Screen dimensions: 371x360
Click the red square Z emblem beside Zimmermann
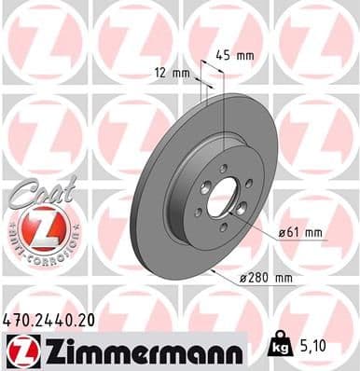point(20,351)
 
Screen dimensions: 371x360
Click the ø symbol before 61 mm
point(280,232)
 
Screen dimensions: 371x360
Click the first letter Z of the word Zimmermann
point(46,351)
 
